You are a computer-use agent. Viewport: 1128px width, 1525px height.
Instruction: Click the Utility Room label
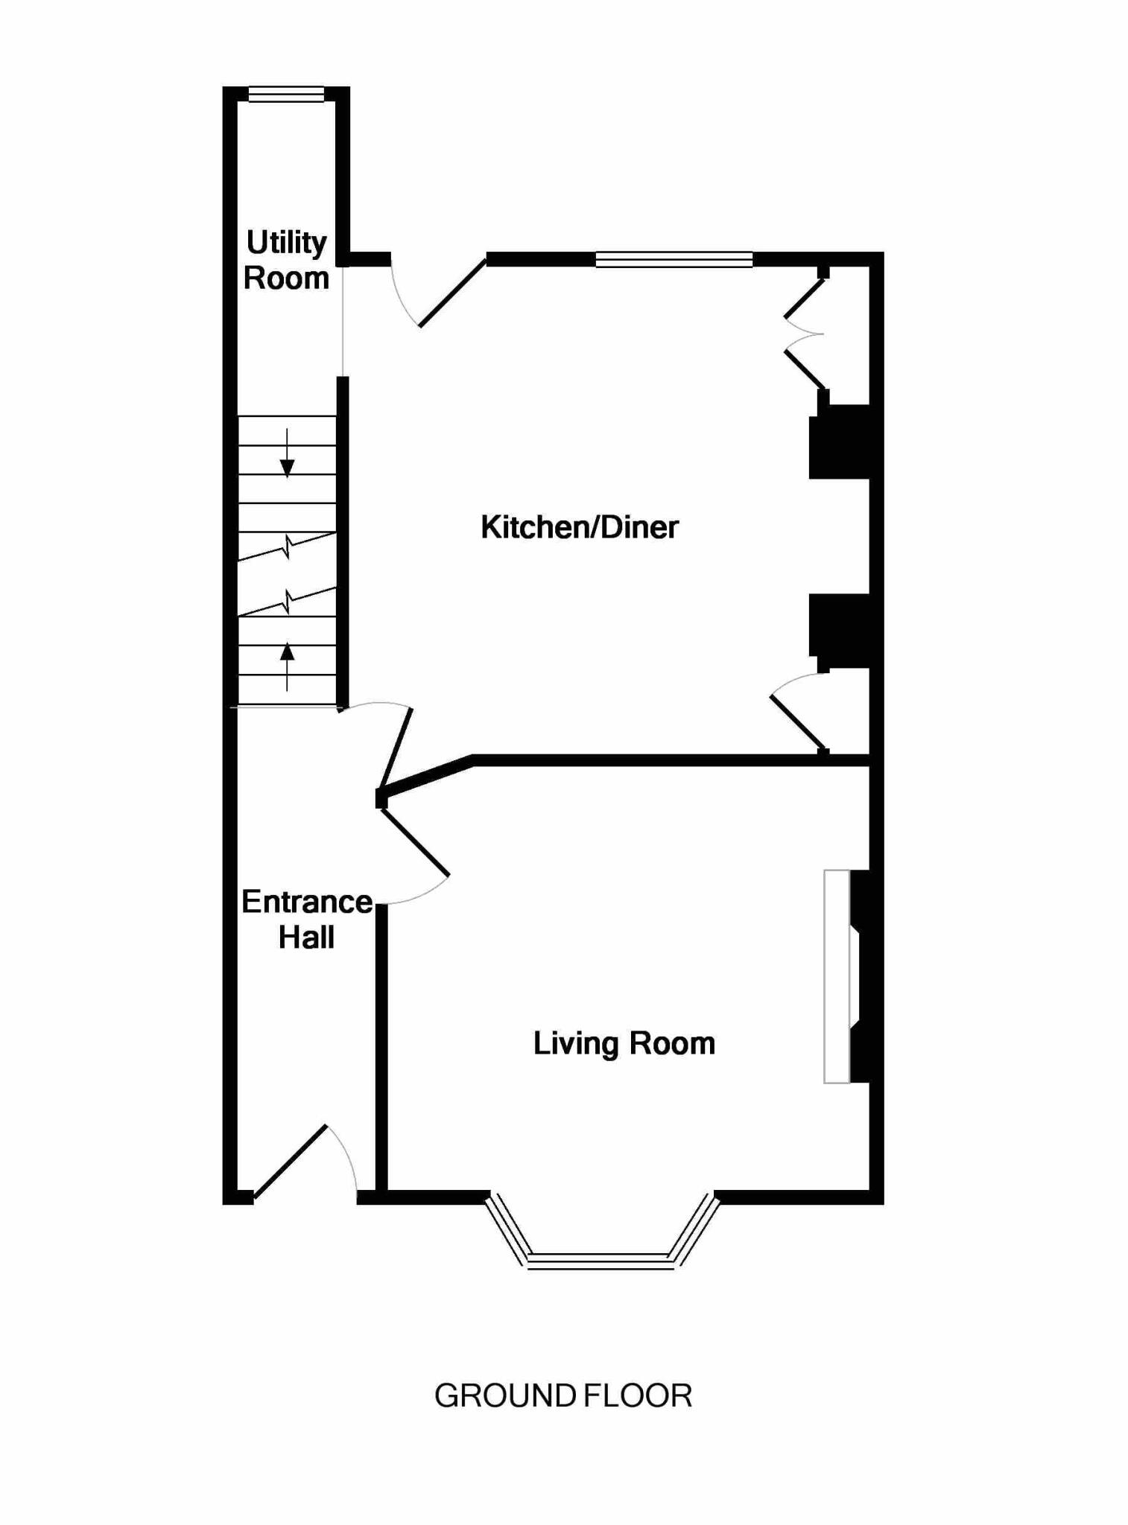(x=286, y=260)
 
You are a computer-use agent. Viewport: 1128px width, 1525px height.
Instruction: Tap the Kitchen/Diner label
(x=579, y=527)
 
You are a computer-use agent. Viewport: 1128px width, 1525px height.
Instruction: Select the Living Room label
(x=624, y=1043)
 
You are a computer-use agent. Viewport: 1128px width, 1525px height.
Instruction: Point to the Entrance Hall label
(x=306, y=920)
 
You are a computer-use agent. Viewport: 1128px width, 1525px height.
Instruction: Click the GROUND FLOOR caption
(x=563, y=1395)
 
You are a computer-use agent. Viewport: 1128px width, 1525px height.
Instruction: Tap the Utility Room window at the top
(x=286, y=94)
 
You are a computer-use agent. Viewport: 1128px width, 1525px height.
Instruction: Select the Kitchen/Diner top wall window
(x=674, y=259)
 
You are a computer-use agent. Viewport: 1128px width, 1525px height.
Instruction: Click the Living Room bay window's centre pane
(x=600, y=1261)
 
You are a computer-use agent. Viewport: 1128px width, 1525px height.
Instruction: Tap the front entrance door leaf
(x=290, y=1161)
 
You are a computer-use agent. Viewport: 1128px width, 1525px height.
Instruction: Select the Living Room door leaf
(x=414, y=842)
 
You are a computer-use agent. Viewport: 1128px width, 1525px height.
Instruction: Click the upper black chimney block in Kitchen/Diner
(x=840, y=442)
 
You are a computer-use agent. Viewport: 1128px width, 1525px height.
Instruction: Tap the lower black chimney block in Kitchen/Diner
(x=840, y=630)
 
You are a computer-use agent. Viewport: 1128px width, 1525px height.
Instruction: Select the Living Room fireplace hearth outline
(x=836, y=975)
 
